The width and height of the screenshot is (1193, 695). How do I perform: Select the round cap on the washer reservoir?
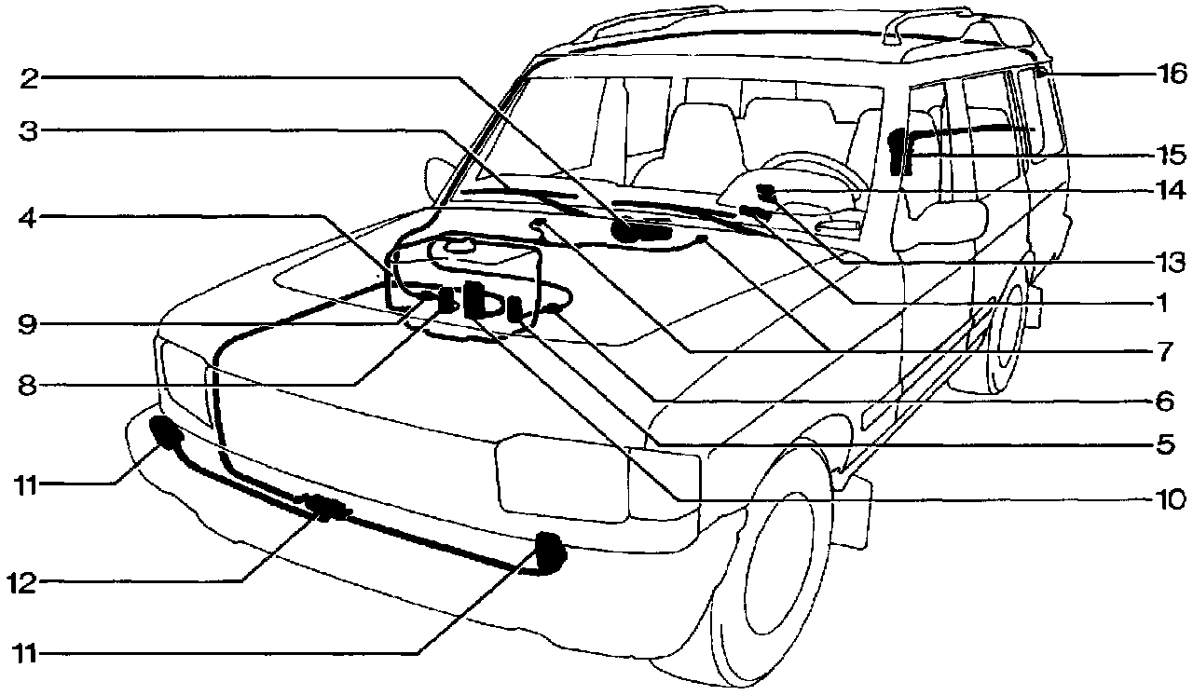[x=459, y=247]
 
